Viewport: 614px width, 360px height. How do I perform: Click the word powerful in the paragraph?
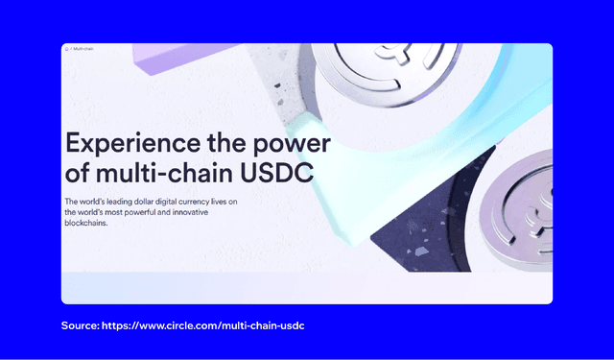click(x=153, y=212)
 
